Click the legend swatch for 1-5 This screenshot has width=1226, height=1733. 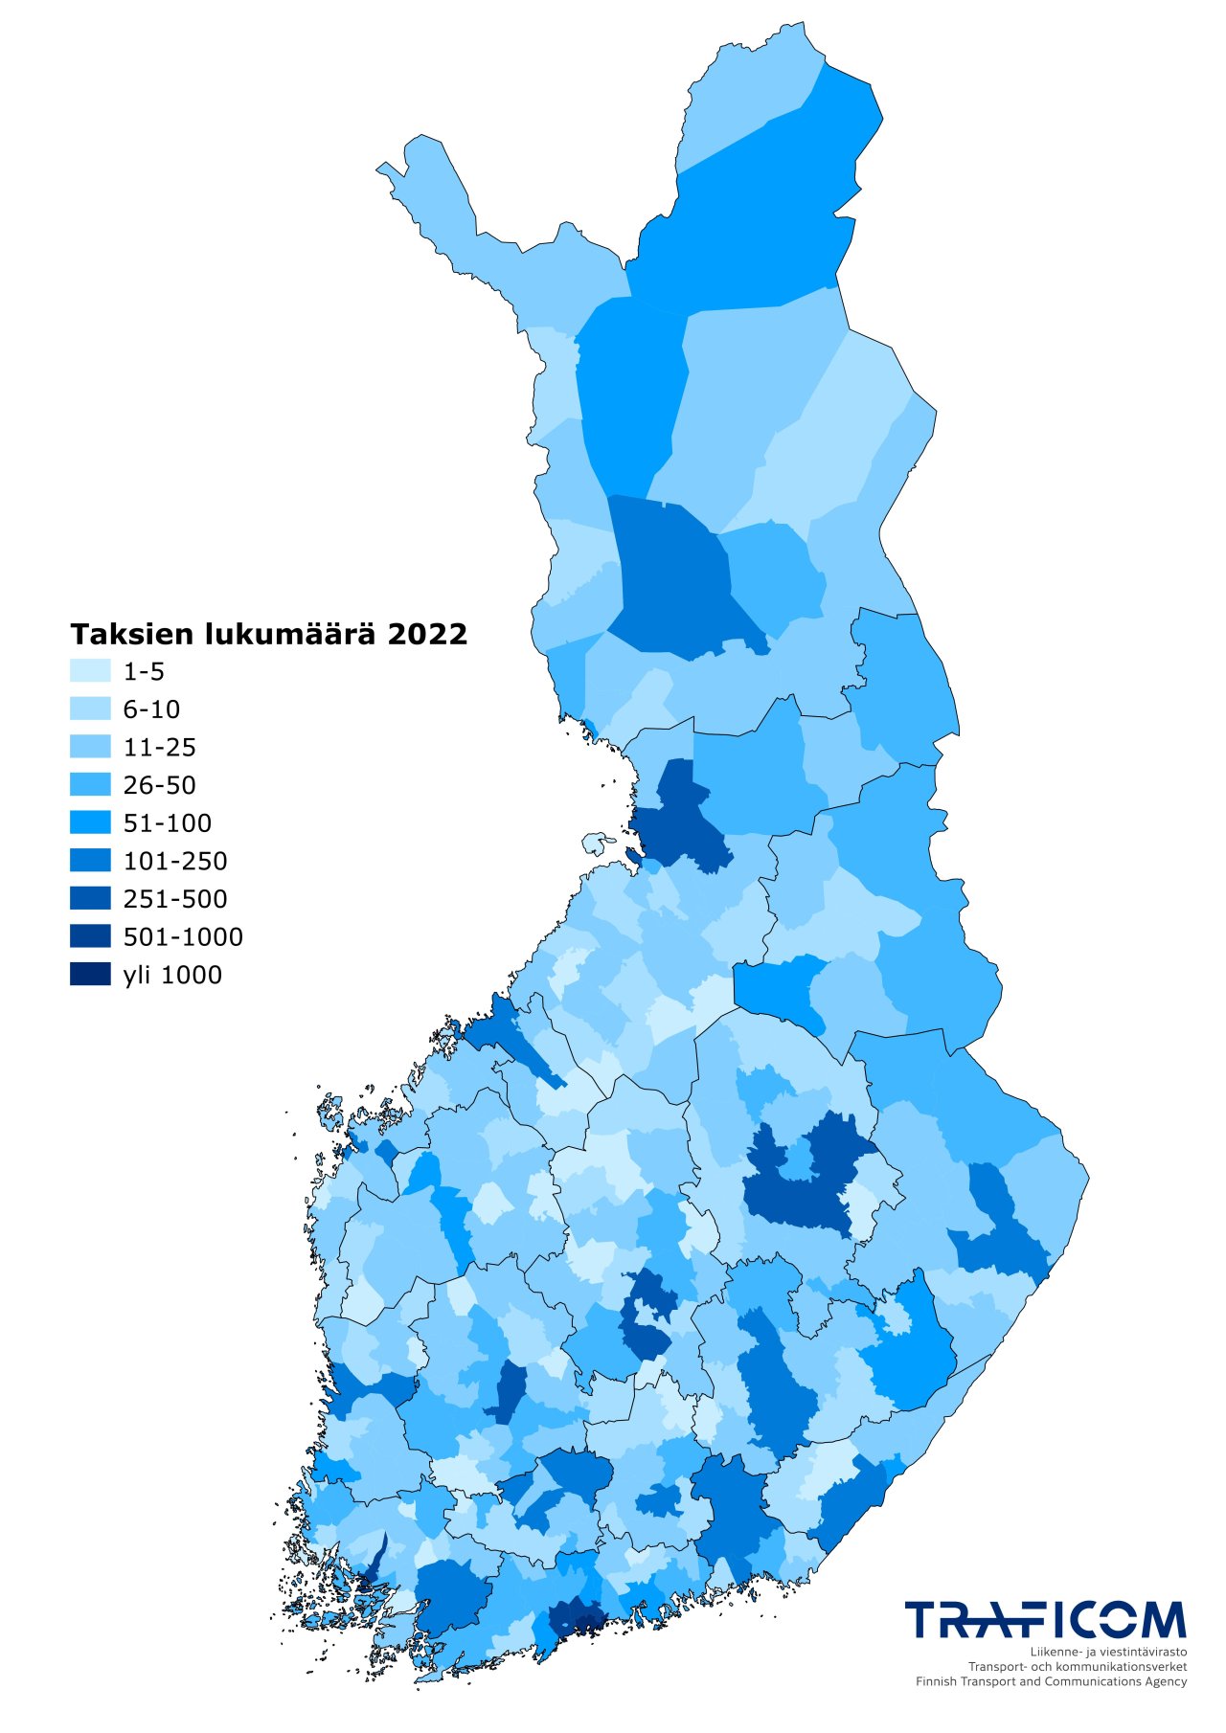coord(90,671)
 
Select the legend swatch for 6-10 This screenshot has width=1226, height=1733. coord(90,709)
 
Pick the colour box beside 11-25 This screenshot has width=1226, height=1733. coord(90,747)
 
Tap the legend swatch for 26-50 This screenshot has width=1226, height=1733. coord(90,785)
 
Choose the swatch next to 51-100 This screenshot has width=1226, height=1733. coord(90,822)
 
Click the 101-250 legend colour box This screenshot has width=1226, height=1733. coord(90,861)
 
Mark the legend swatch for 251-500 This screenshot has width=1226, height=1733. coord(90,899)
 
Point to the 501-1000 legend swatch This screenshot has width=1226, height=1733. coord(90,936)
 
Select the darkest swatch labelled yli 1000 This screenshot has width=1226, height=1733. coord(90,975)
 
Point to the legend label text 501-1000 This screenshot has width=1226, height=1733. coord(183,936)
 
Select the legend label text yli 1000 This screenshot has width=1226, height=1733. coord(172,975)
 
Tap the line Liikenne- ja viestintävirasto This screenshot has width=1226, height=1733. coord(1108,1653)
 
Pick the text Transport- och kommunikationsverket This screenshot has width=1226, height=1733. coord(1078,1667)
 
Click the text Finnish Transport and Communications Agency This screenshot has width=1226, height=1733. coord(1051,1681)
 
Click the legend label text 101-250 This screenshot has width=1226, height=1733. coord(175,861)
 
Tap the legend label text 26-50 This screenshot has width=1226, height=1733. coord(159,785)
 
